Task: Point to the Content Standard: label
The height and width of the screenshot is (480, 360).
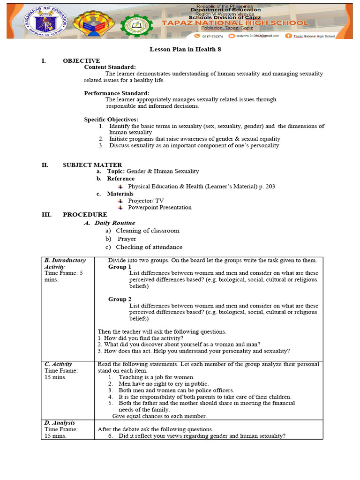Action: click(110, 67)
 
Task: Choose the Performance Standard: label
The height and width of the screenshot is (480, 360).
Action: click(117, 93)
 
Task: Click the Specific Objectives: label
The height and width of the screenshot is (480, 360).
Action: click(111, 120)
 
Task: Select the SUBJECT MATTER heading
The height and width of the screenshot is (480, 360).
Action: click(92, 165)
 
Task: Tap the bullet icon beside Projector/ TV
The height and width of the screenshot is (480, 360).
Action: click(120, 201)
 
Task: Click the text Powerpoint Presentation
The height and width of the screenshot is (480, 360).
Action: click(159, 207)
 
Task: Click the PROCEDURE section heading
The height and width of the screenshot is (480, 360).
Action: click(85, 215)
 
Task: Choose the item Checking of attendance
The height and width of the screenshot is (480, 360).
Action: click(149, 247)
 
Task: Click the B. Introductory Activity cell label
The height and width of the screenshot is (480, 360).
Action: click(65, 263)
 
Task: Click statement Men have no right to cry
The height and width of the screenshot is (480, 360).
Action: click(157, 383)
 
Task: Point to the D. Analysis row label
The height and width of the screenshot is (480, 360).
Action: click(60, 423)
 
